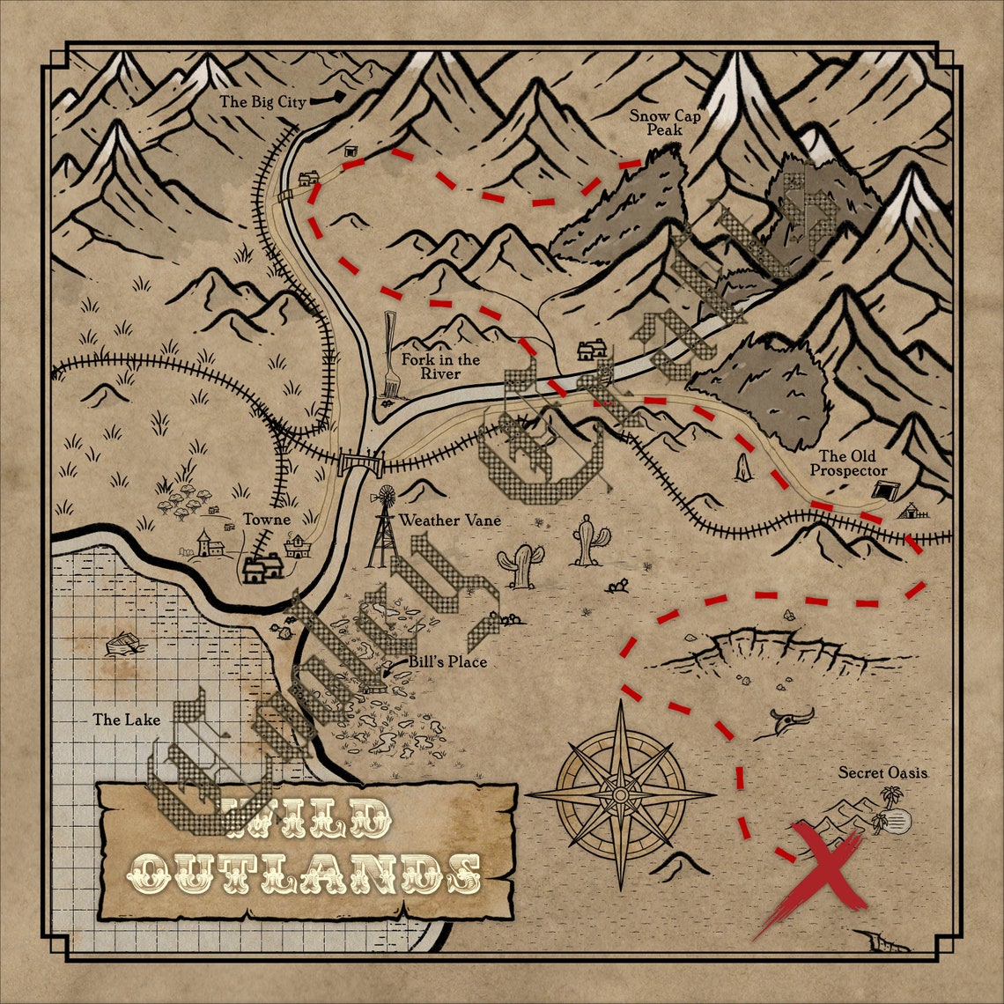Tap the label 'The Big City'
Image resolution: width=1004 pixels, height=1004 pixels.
tap(262, 102)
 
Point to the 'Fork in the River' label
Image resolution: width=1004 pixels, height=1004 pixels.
tap(440, 366)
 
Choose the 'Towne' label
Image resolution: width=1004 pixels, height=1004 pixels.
tap(268, 520)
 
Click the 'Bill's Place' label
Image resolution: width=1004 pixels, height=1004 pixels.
tap(447, 661)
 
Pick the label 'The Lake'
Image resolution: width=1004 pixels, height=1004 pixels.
tap(127, 720)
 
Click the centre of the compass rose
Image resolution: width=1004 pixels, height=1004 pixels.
tap(621, 794)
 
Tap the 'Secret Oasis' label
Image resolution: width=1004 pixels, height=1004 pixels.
tap(882, 773)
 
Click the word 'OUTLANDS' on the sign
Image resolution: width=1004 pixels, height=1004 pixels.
tap(304, 872)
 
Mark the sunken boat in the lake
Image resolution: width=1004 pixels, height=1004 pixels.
tap(122, 643)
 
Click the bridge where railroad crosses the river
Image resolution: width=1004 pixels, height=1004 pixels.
tap(356, 460)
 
